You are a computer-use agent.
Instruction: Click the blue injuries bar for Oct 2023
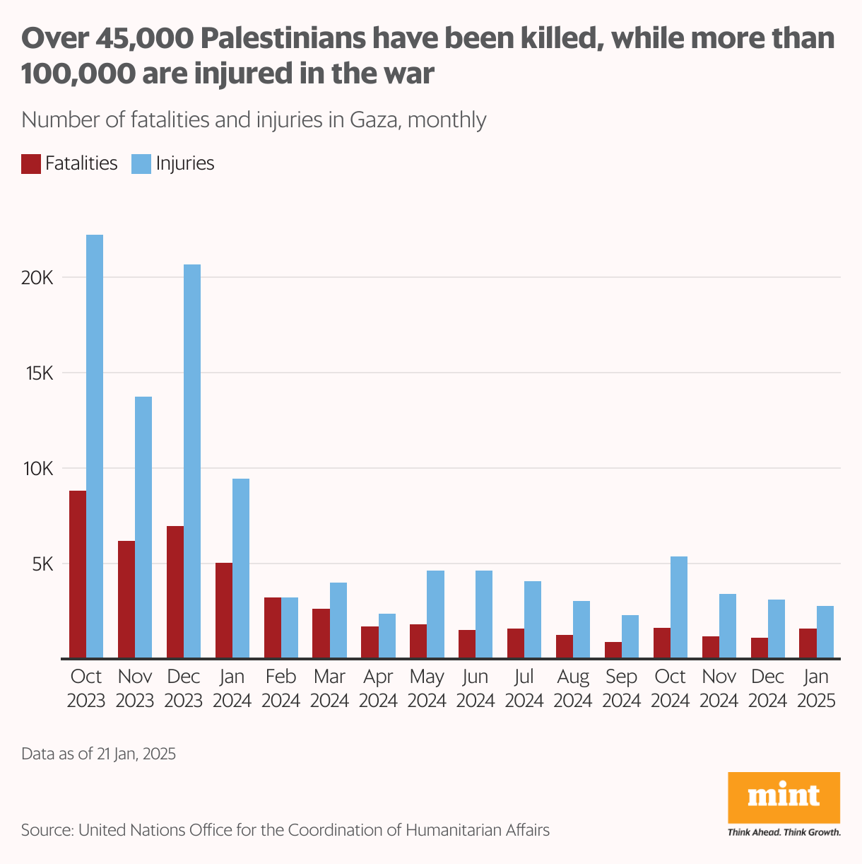[x=95, y=446]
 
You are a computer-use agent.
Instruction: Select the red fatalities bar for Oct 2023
[x=78, y=574]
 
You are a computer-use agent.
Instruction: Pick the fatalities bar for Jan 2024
[x=224, y=610]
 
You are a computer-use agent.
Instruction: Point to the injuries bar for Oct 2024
[x=679, y=607]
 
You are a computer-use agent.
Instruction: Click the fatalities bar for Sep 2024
[x=613, y=650]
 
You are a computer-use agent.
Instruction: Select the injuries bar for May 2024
[x=435, y=614]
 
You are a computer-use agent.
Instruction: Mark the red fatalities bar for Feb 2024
[x=273, y=628]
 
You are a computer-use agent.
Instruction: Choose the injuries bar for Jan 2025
[x=825, y=632]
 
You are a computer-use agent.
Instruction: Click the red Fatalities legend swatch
[x=30, y=163]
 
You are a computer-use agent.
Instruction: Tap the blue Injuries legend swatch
[x=141, y=163]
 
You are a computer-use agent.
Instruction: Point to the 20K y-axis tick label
[x=37, y=277]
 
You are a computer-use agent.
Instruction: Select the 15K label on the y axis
[x=39, y=373]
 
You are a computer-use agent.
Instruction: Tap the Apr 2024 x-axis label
[x=378, y=689]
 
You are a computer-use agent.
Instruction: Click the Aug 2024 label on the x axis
[x=573, y=689]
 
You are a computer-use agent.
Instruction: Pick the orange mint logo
[x=784, y=798]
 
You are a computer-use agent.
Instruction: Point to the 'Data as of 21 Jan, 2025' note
[x=98, y=754]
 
